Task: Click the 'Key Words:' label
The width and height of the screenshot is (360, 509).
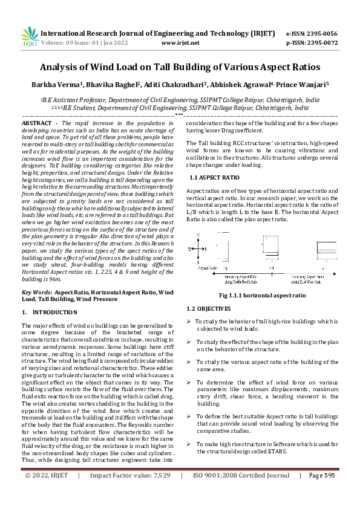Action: [x=36, y=292]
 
